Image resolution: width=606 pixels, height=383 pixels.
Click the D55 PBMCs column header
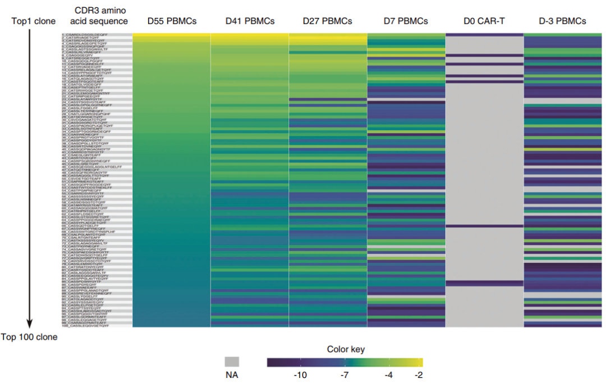click(x=172, y=21)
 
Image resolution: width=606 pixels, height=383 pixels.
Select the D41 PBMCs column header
click(x=250, y=21)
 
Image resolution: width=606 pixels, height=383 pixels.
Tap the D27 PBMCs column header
click(x=328, y=21)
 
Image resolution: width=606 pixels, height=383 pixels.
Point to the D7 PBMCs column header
click(x=406, y=21)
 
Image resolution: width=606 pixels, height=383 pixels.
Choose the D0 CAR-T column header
click(x=484, y=21)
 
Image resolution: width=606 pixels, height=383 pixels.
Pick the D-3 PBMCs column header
click(x=562, y=21)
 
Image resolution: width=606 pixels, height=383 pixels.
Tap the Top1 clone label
click(x=33, y=21)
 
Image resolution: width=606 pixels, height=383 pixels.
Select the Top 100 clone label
click(x=29, y=338)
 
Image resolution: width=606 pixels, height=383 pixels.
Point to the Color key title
click(x=346, y=349)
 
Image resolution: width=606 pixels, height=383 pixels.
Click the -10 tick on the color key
click(x=300, y=375)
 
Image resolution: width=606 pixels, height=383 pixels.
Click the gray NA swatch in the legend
click(x=232, y=362)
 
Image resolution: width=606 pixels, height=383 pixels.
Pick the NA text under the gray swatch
click(x=232, y=375)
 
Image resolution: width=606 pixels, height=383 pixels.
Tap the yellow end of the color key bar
click(x=420, y=362)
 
